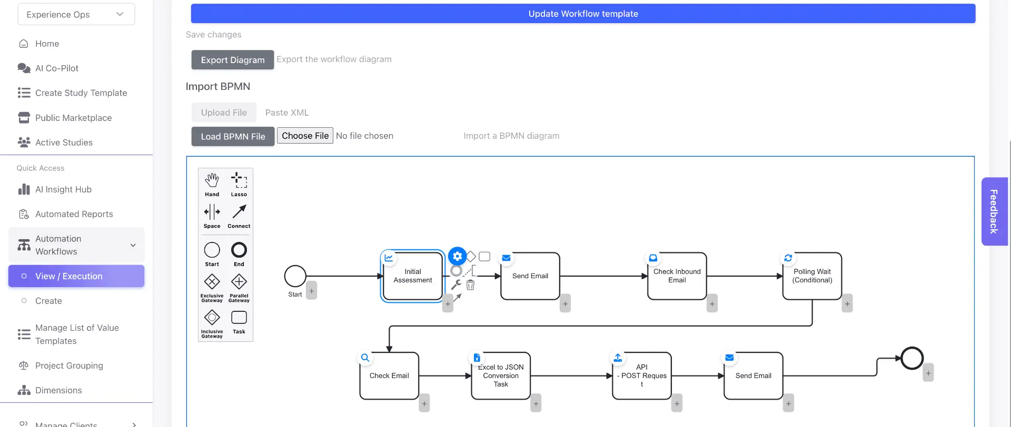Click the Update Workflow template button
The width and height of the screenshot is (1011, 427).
tap(583, 14)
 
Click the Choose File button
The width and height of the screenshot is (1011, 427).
tap(305, 136)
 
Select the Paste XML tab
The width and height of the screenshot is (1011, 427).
tap(287, 113)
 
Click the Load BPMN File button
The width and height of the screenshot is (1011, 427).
tap(233, 136)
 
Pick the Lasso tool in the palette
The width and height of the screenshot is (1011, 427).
tap(239, 184)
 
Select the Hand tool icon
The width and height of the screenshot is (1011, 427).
tap(212, 184)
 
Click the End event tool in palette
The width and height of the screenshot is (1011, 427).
tap(239, 254)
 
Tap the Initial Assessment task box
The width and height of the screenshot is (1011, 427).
tap(413, 276)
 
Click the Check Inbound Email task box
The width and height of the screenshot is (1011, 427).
tap(677, 276)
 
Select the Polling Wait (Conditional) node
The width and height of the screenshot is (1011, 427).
tap(812, 276)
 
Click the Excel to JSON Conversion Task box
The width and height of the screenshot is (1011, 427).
tap(501, 376)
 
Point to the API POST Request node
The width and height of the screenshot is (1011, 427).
tap(642, 376)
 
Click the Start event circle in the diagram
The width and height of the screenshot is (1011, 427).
tap(295, 276)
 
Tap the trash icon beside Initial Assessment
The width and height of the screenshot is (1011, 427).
tap(470, 285)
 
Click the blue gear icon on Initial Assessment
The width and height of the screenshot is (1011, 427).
tap(457, 256)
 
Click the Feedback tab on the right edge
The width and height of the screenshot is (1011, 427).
tap(994, 211)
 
